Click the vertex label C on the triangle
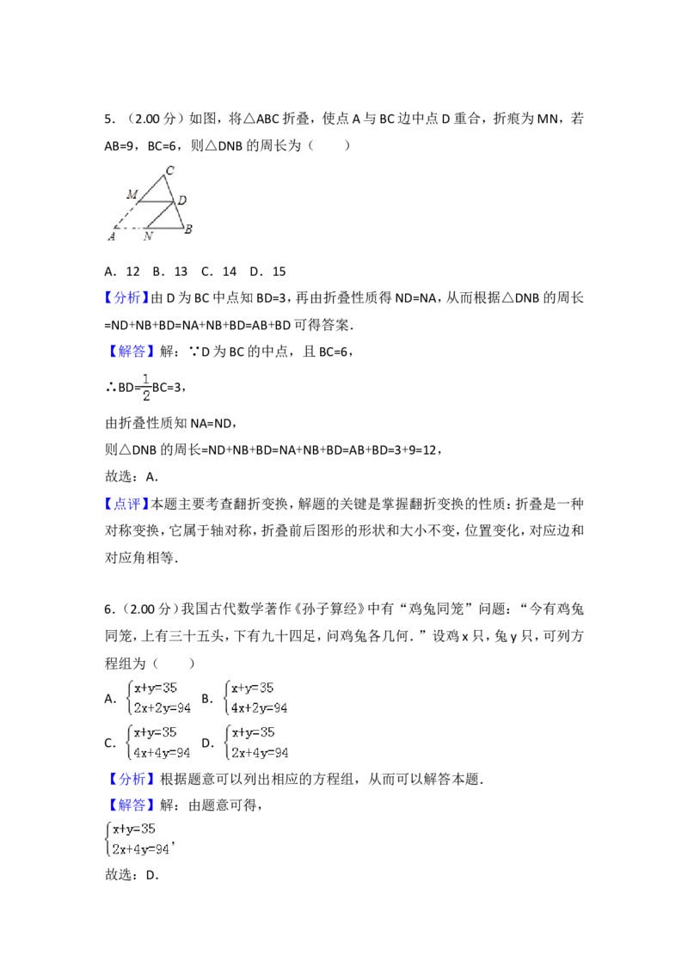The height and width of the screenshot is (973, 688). pyautogui.click(x=169, y=170)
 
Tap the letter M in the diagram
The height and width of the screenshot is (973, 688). pyautogui.click(x=132, y=195)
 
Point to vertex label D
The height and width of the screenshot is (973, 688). pyautogui.click(x=181, y=201)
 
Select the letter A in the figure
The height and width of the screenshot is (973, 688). pyautogui.click(x=112, y=236)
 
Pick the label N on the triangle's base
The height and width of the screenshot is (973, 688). pyautogui.click(x=148, y=236)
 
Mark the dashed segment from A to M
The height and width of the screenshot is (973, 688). pyautogui.click(x=126, y=215)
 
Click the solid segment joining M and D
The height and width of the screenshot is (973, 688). pyautogui.click(x=156, y=202)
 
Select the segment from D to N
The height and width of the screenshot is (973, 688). pyautogui.click(x=160, y=215)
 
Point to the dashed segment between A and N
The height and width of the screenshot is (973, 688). pyautogui.click(x=129, y=229)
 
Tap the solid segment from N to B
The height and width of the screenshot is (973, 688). pyautogui.click(x=163, y=229)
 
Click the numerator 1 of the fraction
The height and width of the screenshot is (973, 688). pyautogui.click(x=146, y=378)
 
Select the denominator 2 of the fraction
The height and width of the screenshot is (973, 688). pyautogui.click(x=146, y=396)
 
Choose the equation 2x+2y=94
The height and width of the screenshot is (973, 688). pyautogui.click(x=162, y=708)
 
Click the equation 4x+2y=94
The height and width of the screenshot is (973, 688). pyautogui.click(x=259, y=708)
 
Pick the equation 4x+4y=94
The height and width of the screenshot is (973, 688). pyautogui.click(x=162, y=753)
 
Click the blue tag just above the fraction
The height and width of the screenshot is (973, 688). pyautogui.click(x=133, y=351)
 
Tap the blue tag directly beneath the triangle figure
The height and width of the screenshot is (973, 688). pyautogui.click(x=126, y=298)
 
